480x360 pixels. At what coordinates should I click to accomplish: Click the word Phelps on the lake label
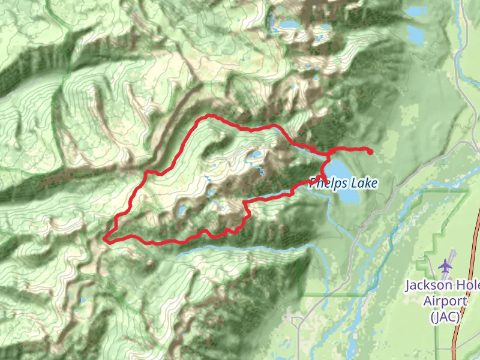(327, 182)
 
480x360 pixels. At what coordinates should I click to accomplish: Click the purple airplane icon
(445, 265)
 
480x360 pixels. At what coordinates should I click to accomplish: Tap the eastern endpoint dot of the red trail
(370, 152)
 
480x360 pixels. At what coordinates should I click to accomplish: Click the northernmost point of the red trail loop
(208, 115)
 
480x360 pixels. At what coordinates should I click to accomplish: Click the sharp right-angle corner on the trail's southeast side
(245, 201)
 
